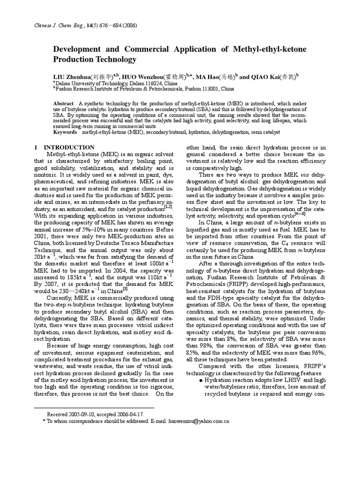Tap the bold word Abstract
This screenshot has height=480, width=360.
click(x=64, y=104)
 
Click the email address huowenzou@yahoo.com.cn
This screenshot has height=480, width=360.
click(x=197, y=421)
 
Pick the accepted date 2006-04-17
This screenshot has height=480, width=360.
click(x=130, y=414)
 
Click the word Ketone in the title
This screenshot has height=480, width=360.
click(x=282, y=49)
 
